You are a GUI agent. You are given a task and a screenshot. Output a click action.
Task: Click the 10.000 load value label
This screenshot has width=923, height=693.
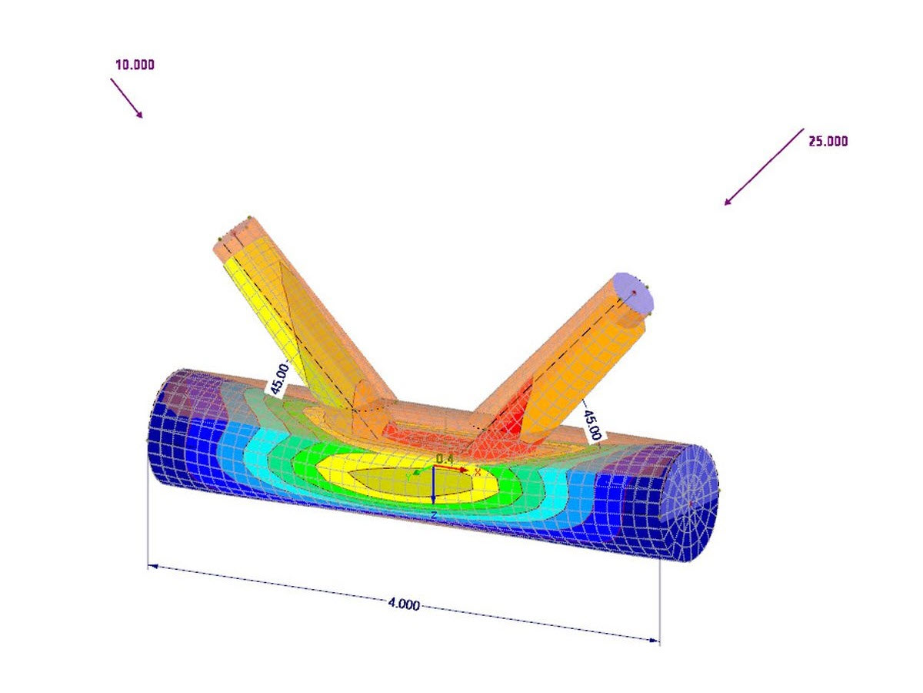(x=135, y=65)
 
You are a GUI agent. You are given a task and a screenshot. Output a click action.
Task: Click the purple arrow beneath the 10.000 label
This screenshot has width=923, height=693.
(x=126, y=98)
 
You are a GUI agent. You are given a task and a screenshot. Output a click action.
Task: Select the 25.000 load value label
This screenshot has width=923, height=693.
(x=828, y=141)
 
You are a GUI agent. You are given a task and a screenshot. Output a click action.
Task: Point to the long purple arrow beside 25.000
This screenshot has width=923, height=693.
(x=764, y=167)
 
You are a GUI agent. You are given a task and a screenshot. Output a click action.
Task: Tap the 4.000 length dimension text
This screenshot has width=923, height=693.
(x=404, y=604)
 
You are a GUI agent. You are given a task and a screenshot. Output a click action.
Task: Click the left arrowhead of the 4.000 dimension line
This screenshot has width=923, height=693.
(x=152, y=566)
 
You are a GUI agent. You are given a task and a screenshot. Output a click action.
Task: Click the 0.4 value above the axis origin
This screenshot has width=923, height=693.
(x=444, y=459)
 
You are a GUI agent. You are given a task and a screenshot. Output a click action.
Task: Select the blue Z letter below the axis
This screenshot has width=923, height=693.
(x=434, y=514)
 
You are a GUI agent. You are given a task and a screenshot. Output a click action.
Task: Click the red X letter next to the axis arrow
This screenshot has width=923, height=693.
(x=477, y=471)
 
